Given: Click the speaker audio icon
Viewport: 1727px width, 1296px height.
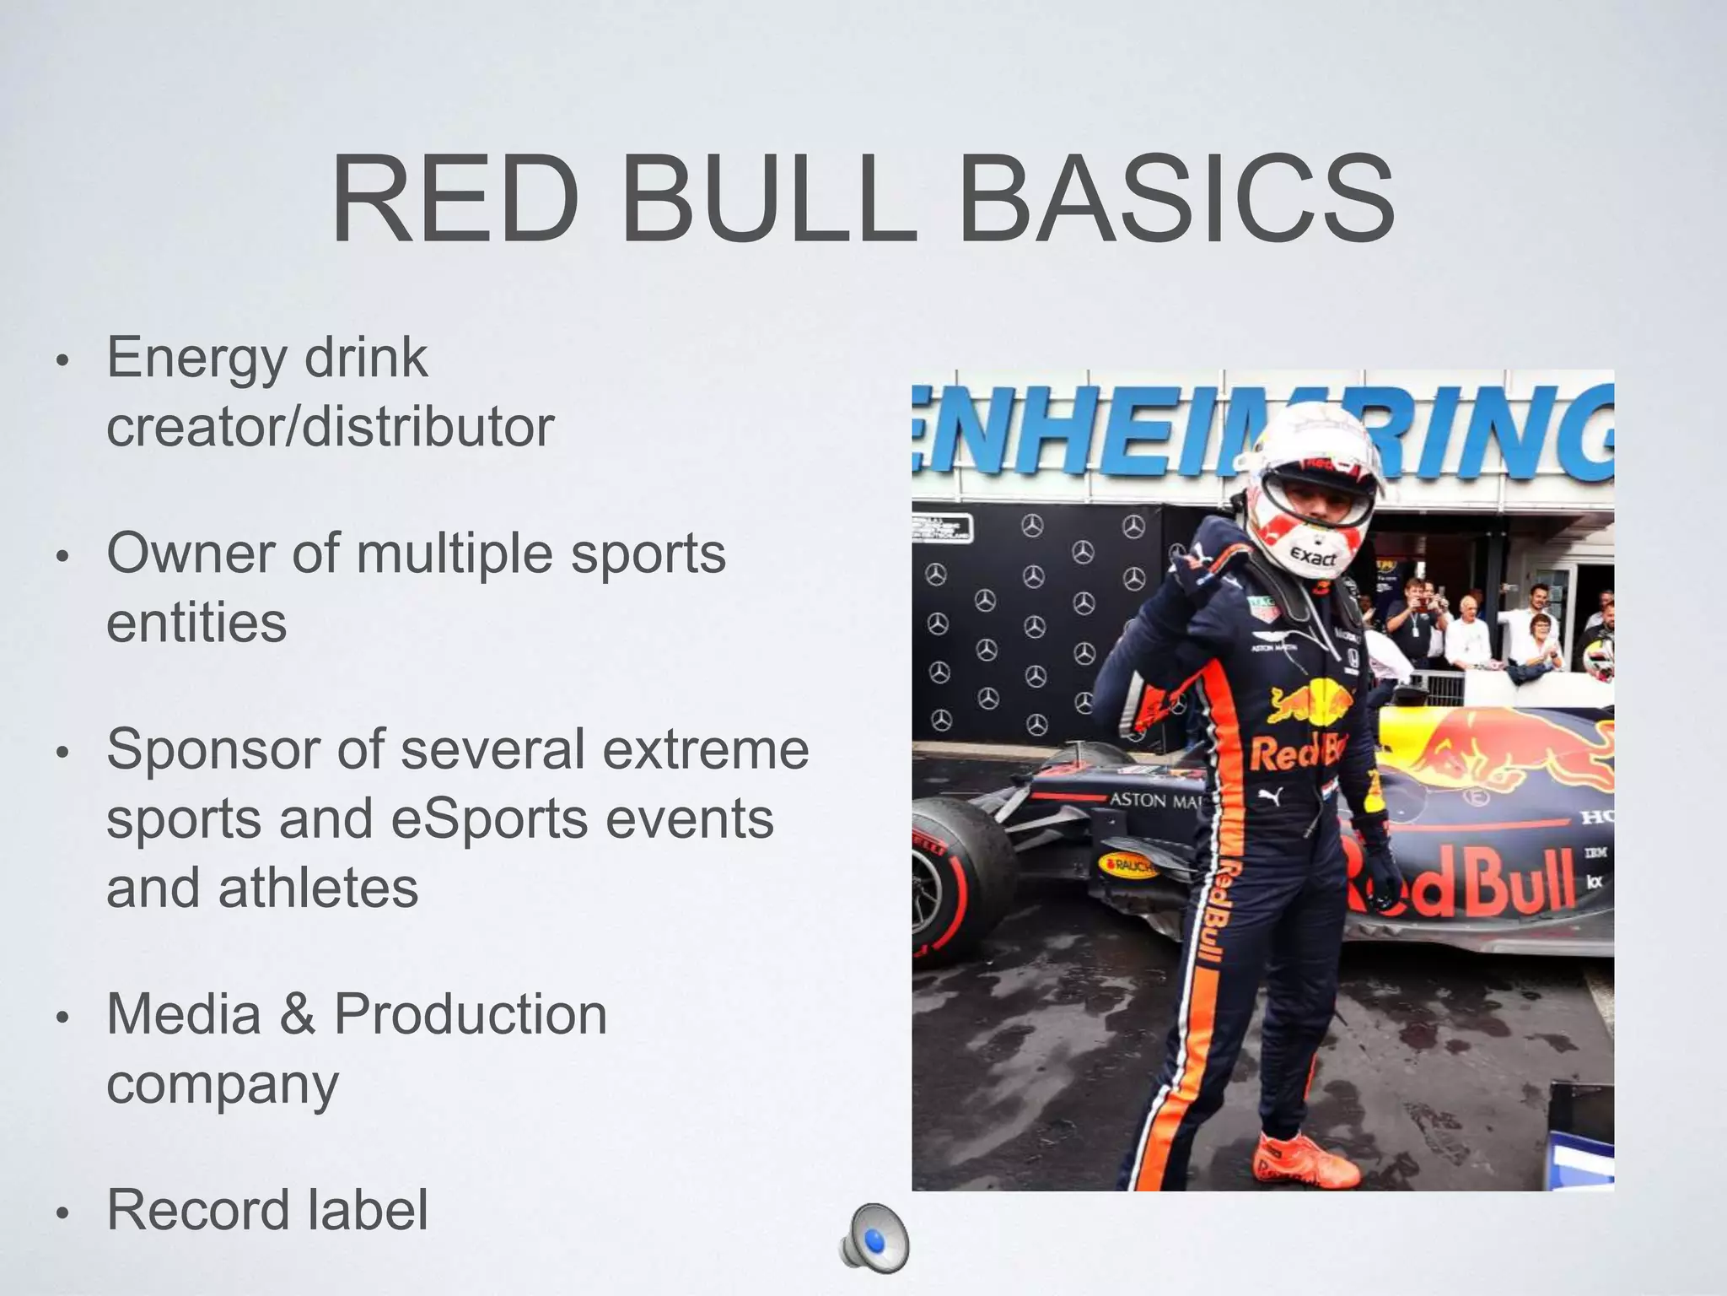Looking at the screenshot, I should tap(874, 1239).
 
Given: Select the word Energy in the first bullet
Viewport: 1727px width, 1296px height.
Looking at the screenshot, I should tap(196, 359).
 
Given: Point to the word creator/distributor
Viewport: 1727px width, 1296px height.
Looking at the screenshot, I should tap(330, 427).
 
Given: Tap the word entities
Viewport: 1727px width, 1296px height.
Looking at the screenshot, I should tap(196, 624).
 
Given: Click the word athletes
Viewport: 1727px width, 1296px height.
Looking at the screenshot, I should tap(318, 888).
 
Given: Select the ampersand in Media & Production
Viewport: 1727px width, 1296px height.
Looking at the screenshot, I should tap(297, 1013).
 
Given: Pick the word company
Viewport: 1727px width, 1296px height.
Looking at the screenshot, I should tap(222, 1084).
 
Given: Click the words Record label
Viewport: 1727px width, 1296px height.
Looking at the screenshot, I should tap(267, 1209).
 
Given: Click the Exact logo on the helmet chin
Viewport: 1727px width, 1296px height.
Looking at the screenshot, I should tap(1314, 558).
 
